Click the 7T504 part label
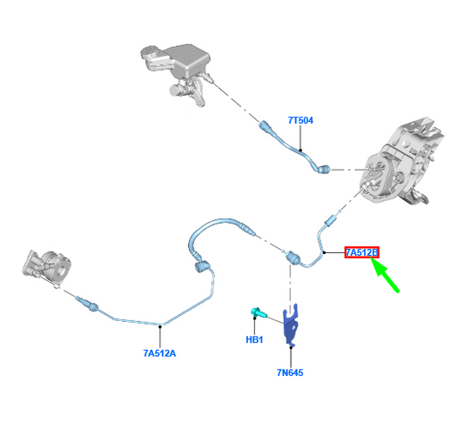(x=300, y=120)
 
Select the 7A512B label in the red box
(x=361, y=252)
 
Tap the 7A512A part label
(x=159, y=353)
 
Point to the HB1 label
(x=254, y=339)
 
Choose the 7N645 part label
(x=290, y=372)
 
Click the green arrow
(x=385, y=275)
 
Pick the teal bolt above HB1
(x=258, y=311)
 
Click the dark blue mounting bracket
(x=290, y=325)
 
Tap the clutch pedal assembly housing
(x=400, y=162)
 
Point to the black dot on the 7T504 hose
(x=300, y=150)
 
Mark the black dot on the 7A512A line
(x=160, y=326)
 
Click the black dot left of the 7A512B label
(x=325, y=252)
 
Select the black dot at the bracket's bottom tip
(x=291, y=347)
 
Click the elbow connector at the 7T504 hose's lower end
(x=323, y=169)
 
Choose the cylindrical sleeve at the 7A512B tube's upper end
(x=330, y=221)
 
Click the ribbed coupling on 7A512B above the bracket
(x=293, y=258)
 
